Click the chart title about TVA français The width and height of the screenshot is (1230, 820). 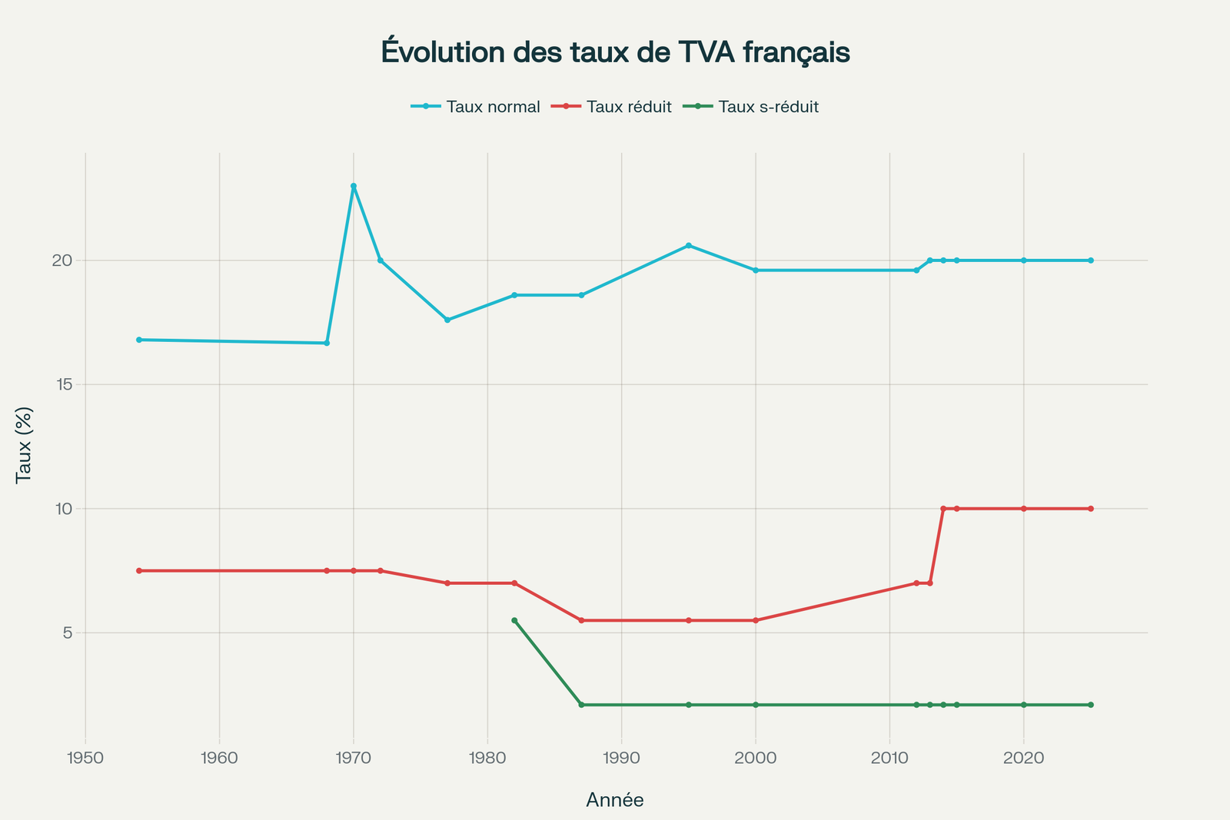tap(615, 52)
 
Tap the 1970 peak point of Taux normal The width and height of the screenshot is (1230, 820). tap(354, 186)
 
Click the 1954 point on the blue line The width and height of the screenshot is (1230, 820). tap(139, 340)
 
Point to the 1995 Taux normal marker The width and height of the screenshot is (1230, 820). tap(689, 245)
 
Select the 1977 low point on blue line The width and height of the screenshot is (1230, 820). tap(447, 320)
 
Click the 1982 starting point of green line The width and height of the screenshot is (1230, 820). tap(514, 620)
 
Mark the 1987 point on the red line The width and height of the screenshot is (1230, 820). tap(581, 620)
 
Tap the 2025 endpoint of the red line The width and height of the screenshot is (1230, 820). tap(1091, 509)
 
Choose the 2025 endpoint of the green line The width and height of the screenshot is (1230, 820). tap(1091, 705)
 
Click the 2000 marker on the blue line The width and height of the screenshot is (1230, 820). tap(756, 271)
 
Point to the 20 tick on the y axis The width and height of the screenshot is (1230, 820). tap(61, 261)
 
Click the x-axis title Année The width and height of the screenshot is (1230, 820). tap(615, 800)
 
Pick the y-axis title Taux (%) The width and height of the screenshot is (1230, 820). tap(24, 446)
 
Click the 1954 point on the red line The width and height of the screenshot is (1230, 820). tap(139, 571)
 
